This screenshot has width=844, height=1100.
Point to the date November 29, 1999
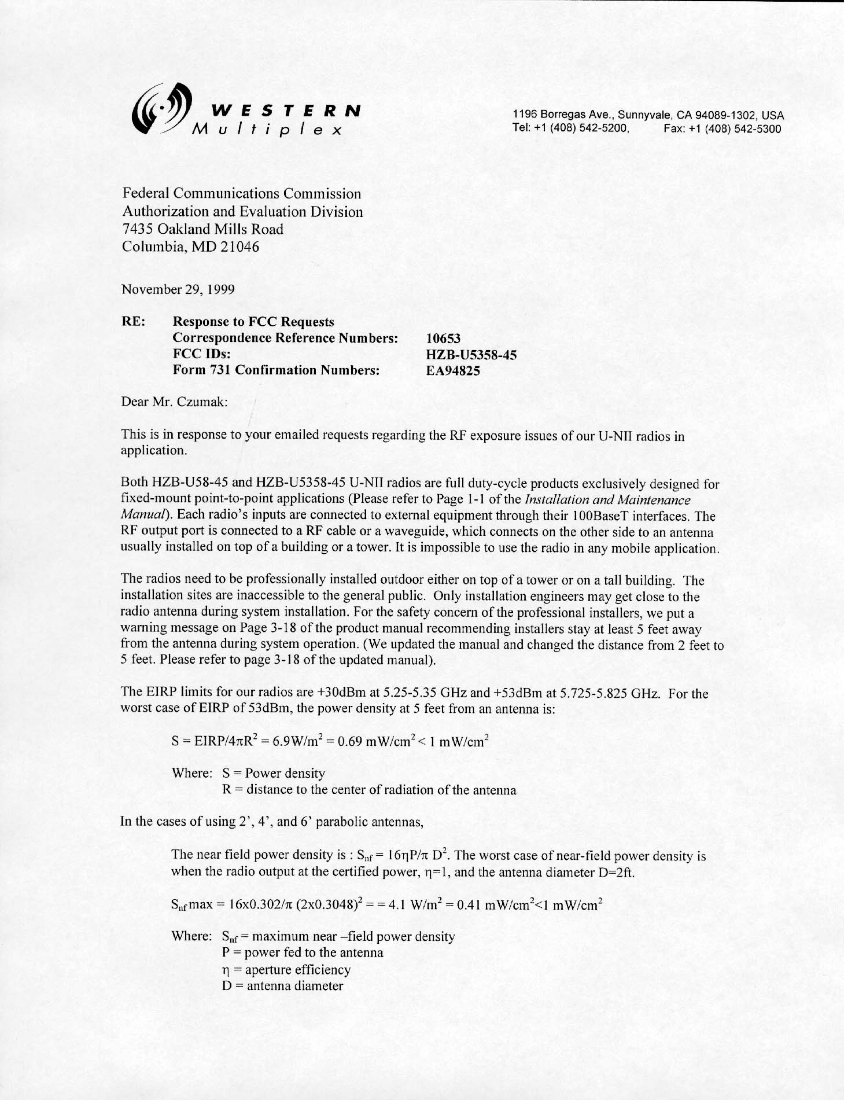pos(178,289)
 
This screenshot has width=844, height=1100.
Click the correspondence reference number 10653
pos(444,339)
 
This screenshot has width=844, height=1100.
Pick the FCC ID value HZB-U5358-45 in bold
pos(471,355)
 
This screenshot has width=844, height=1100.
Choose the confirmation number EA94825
pos(453,371)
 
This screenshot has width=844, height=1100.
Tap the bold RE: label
pos(133,322)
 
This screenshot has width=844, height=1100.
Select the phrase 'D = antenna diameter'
pos(282,986)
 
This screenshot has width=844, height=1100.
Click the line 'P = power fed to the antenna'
pos(302,953)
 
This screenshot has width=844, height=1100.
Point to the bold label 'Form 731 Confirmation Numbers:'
pos(276,371)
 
